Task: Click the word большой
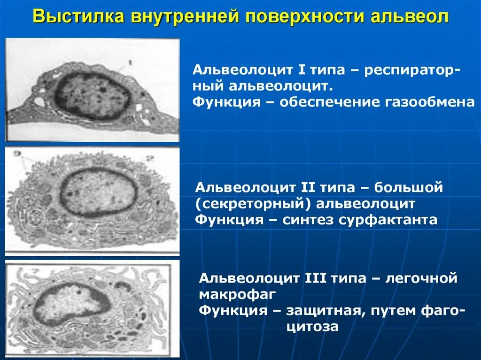click(409, 188)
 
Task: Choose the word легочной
click(421, 278)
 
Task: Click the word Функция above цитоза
click(230, 310)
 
